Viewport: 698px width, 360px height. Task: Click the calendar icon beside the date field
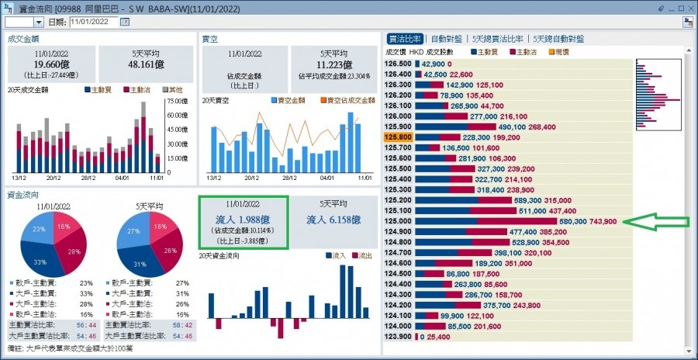125,22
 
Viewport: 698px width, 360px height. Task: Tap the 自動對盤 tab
447,38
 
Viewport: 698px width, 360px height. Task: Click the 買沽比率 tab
404,38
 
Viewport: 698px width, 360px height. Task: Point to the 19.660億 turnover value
51,66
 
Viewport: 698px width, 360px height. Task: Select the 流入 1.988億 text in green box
244,220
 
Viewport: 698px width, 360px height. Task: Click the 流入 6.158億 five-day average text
333,220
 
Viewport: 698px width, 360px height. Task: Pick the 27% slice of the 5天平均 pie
133,231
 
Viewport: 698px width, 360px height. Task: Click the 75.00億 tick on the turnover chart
177,102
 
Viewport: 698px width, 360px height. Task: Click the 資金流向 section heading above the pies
22,195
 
